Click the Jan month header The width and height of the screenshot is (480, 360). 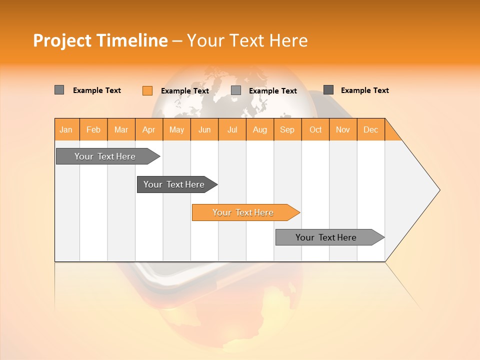[x=66, y=129]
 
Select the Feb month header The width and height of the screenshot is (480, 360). [x=93, y=129]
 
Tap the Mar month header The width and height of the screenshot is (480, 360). [x=121, y=129]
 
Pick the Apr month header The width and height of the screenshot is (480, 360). [x=149, y=129]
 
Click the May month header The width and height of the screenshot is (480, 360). [x=176, y=129]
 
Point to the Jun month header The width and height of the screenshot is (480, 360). [x=204, y=129]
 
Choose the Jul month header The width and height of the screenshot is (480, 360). [x=232, y=129]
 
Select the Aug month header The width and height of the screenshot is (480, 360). [x=260, y=129]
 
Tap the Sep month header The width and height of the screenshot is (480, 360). [x=287, y=129]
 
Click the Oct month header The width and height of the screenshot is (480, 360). [x=315, y=129]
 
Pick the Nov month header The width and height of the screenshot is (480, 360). [x=343, y=129]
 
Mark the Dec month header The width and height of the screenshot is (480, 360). [x=371, y=129]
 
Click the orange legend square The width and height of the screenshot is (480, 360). [x=147, y=90]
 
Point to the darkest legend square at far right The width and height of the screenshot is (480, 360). [x=328, y=90]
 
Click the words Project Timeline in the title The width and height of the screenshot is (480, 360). [x=100, y=40]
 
